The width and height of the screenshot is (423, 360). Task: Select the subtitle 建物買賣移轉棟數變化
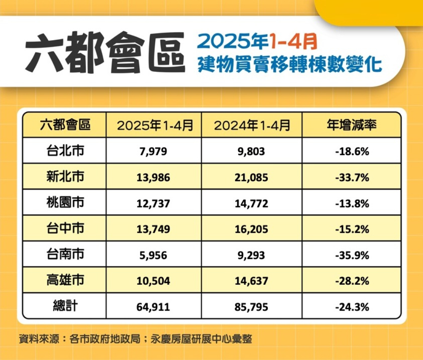pyautogui.click(x=290, y=65)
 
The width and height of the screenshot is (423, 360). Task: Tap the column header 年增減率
pyautogui.click(x=352, y=125)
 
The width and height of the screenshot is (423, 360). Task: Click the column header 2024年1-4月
pyautogui.click(x=252, y=125)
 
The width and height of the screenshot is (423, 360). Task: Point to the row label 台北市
pyautogui.click(x=65, y=151)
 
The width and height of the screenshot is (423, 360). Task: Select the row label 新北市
pyautogui.click(x=65, y=177)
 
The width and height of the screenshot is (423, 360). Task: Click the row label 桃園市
pyautogui.click(x=65, y=203)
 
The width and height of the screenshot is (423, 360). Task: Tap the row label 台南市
pyautogui.click(x=65, y=255)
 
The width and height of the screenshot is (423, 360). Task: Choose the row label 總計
pyautogui.click(x=65, y=306)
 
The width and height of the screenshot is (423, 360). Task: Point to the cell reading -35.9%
pyautogui.click(x=352, y=255)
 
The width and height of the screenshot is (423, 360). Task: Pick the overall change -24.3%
pyautogui.click(x=352, y=307)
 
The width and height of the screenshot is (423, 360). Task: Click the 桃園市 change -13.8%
pyautogui.click(x=352, y=203)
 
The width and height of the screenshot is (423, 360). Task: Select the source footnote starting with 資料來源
pyautogui.click(x=135, y=339)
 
